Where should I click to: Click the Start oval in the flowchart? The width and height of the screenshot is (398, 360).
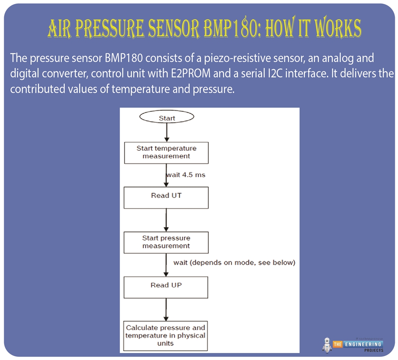point(166,117)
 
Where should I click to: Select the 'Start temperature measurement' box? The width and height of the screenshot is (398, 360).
point(166,152)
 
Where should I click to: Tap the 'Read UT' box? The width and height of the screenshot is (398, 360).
point(166,197)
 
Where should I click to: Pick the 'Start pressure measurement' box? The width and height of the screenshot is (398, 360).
point(166,242)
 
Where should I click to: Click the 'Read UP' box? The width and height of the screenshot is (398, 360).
point(166,287)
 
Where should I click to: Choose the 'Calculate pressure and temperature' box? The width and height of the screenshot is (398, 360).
point(166,336)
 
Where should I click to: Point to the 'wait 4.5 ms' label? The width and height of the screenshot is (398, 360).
point(186,175)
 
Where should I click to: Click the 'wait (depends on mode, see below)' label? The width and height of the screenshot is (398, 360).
point(234,263)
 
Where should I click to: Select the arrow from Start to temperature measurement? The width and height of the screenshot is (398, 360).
point(166,132)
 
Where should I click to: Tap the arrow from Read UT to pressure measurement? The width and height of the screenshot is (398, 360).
point(166,220)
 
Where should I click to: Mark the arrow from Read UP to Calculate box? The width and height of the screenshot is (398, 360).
point(166,310)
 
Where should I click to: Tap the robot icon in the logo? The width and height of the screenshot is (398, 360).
point(327,345)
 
